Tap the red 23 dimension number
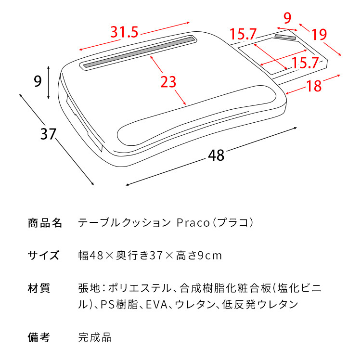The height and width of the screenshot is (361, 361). pos(168,82)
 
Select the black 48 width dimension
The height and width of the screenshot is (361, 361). pos(217,155)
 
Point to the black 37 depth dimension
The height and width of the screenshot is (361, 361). pos(48,134)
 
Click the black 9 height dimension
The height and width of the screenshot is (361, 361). pos(38,81)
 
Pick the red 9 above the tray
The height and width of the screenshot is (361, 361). pos(287,18)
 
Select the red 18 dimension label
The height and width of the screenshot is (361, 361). pos(314,86)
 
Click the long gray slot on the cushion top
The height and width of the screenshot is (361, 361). pos(139,52)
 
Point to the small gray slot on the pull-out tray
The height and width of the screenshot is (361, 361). pos(285,37)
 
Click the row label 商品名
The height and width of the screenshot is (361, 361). pos(46,223)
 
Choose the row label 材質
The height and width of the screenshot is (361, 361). pos(39,288)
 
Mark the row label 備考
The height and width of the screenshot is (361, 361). pos(39,337)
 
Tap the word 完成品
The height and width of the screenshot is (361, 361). pos(95,337)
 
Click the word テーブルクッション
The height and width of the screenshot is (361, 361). pos(124,223)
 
